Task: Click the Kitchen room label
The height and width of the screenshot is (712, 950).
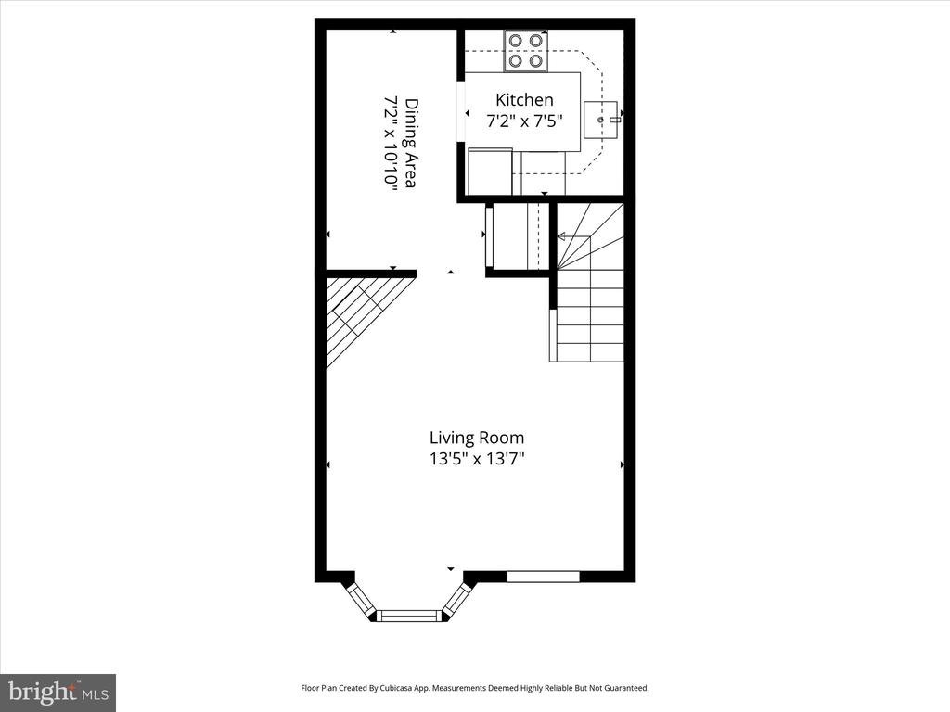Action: [x=524, y=100]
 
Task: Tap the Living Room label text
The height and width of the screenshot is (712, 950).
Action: [x=477, y=438]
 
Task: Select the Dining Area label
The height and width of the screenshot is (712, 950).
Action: [x=411, y=143]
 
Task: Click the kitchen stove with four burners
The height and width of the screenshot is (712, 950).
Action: [x=525, y=51]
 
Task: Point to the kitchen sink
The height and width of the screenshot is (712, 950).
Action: [x=600, y=120]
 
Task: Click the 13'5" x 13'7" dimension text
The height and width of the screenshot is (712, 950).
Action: [x=477, y=459]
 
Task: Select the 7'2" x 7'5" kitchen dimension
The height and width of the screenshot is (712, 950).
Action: [x=524, y=121]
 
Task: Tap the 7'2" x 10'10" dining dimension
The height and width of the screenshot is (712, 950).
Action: [x=392, y=143]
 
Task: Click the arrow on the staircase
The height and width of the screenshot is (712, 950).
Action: [x=573, y=236]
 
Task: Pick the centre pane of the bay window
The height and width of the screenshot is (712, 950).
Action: [x=409, y=616]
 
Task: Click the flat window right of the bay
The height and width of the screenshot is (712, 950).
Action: [x=544, y=576]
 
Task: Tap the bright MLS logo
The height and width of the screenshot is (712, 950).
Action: [x=58, y=692]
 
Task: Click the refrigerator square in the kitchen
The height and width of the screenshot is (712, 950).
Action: [x=490, y=172]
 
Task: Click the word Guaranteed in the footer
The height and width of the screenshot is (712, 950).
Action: [x=629, y=688]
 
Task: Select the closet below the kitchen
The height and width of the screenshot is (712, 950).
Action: [x=518, y=236]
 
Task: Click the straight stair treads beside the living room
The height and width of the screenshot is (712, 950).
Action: [x=590, y=315]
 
